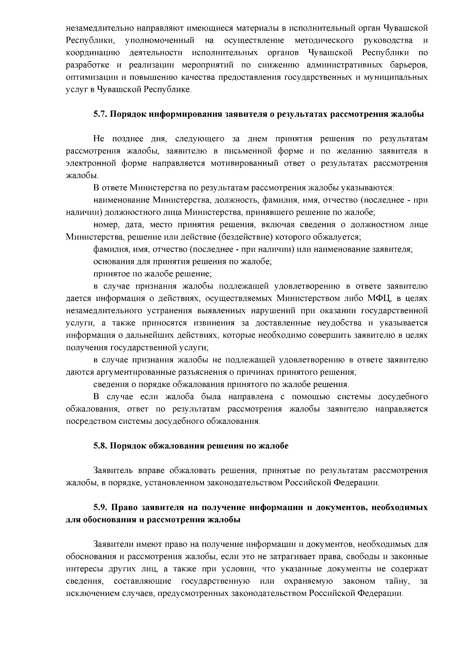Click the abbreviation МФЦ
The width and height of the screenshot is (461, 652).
[x=378, y=298]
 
